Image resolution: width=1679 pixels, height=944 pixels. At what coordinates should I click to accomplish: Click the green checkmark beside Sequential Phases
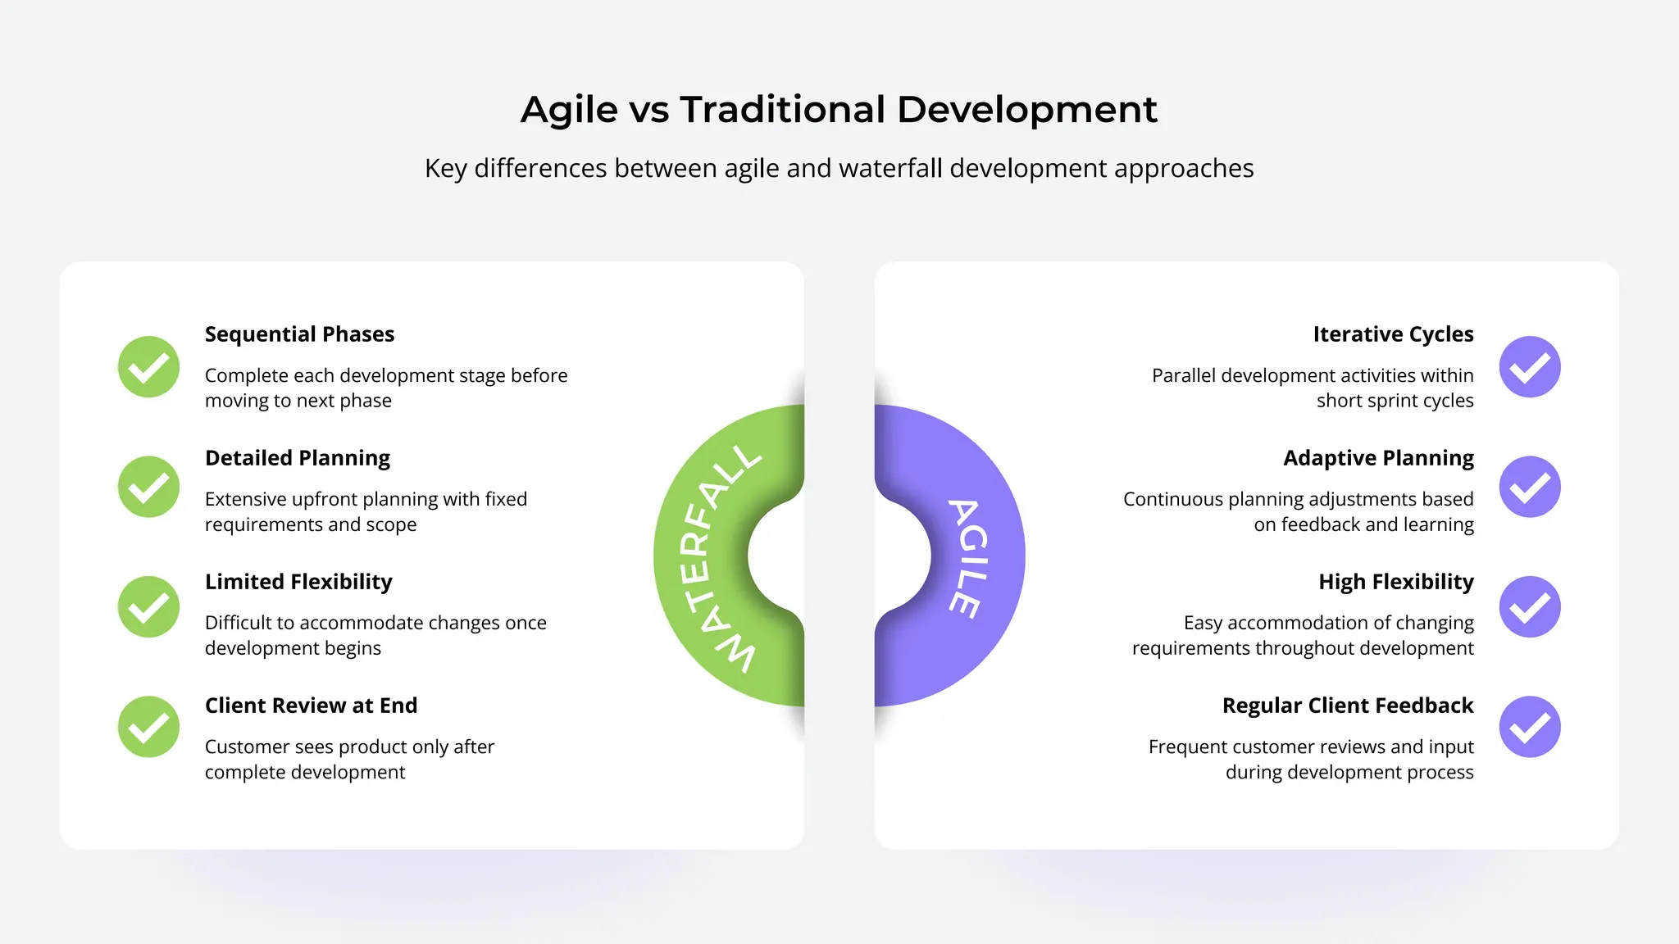pyautogui.click(x=148, y=367)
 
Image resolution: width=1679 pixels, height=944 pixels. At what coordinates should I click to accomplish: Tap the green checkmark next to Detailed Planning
pyautogui.click(x=148, y=487)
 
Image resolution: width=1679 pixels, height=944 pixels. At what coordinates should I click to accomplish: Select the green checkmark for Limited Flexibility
pyautogui.click(x=148, y=607)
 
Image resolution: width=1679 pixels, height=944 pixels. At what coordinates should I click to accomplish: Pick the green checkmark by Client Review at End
pyautogui.click(x=148, y=727)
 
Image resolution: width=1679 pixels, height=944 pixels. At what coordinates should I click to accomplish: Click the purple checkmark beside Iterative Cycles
pyautogui.click(x=1530, y=367)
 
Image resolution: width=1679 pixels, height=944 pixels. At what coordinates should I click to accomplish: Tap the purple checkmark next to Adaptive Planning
pyautogui.click(x=1530, y=487)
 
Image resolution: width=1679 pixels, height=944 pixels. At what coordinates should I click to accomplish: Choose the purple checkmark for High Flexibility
pyautogui.click(x=1530, y=607)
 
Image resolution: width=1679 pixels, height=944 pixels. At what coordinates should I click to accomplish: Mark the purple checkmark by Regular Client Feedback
pyautogui.click(x=1530, y=727)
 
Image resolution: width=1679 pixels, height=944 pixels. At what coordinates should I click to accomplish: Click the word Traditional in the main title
pyautogui.click(x=782, y=110)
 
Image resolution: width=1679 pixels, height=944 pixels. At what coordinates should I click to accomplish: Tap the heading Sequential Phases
pyautogui.click(x=299, y=334)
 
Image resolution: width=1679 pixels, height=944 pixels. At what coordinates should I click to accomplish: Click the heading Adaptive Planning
pyautogui.click(x=1378, y=458)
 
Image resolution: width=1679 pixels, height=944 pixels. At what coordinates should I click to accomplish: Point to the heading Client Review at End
pyautogui.click(x=311, y=706)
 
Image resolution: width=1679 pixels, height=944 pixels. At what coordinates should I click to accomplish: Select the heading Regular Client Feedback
pyautogui.click(x=1348, y=706)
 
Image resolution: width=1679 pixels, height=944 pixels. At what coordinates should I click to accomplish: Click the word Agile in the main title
pyautogui.click(x=569, y=110)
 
